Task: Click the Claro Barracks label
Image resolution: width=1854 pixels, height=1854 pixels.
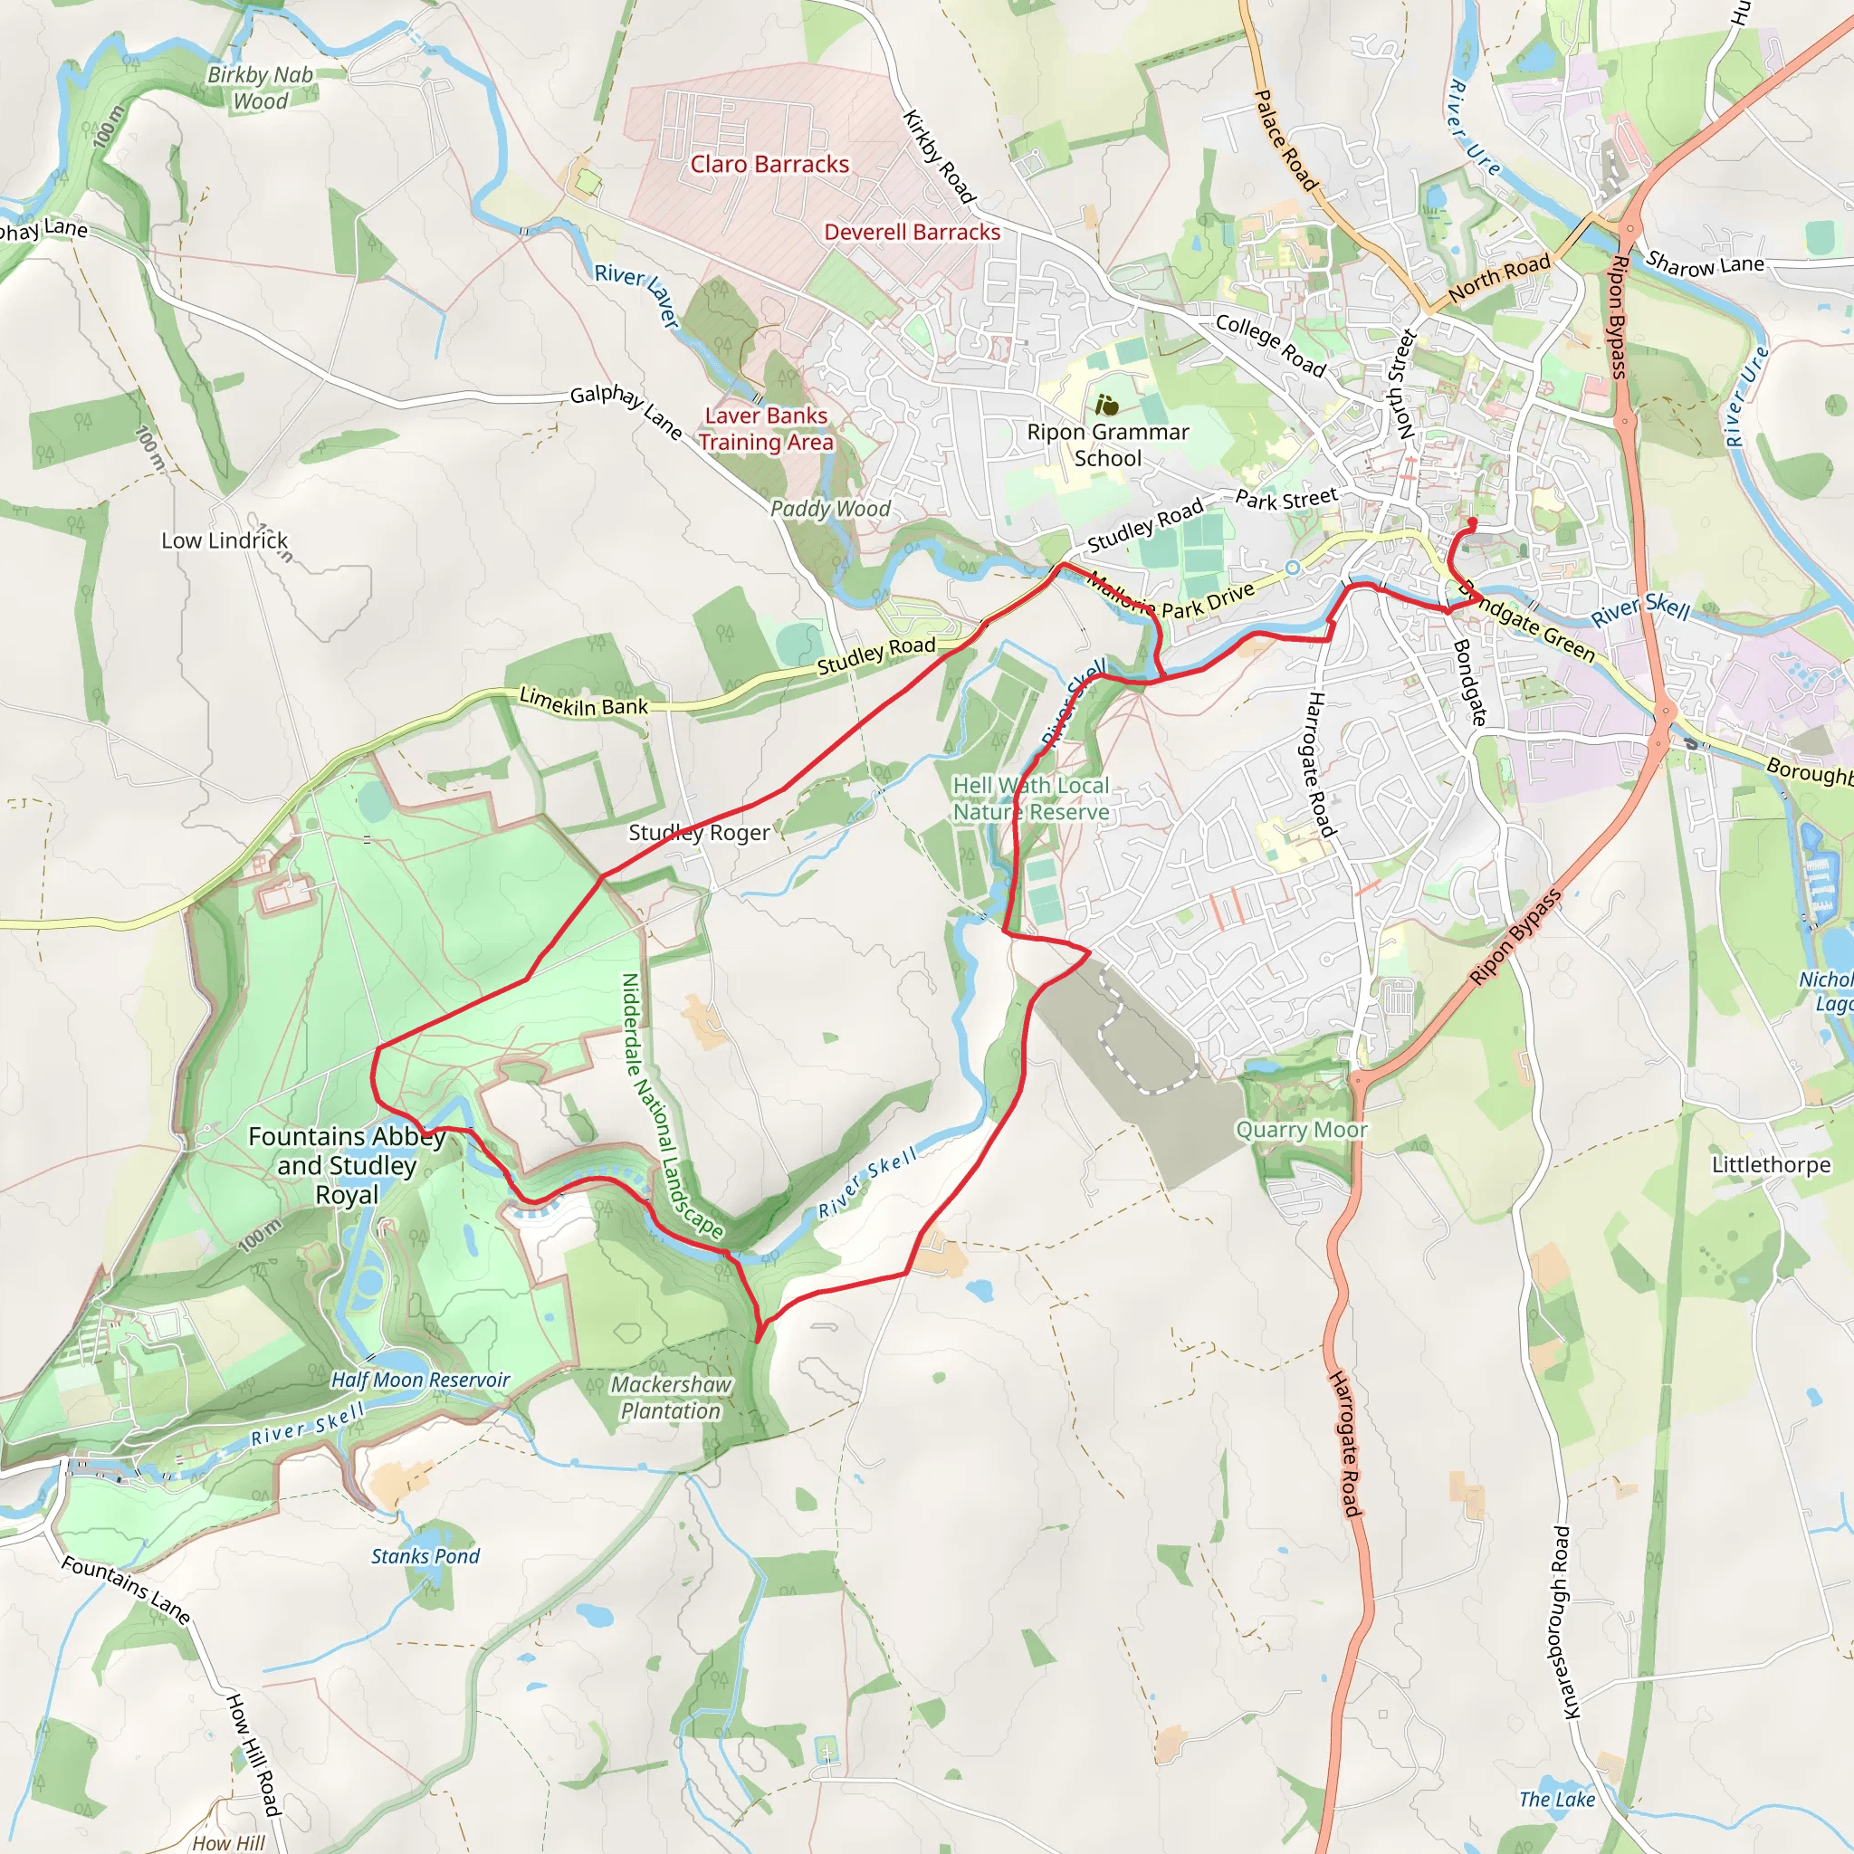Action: point(769,165)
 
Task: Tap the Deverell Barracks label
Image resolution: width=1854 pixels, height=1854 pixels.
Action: point(912,233)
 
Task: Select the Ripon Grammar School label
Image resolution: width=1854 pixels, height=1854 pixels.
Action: point(1107,445)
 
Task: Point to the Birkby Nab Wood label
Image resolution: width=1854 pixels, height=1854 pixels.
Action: point(260,89)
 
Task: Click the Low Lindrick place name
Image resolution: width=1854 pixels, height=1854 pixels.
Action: point(225,541)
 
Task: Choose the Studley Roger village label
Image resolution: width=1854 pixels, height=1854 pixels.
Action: point(699,833)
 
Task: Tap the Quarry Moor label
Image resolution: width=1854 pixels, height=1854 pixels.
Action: point(1301,1131)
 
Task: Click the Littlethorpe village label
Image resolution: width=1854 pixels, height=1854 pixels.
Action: point(1771,1165)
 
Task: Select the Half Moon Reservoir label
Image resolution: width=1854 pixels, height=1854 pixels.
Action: point(420,1380)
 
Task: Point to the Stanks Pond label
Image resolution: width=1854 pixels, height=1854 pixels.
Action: point(425,1556)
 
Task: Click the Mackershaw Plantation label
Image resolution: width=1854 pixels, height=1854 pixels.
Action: point(671,1398)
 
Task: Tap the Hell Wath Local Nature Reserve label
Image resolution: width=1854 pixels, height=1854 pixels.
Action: point(1030,798)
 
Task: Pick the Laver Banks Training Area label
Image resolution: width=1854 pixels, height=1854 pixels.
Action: point(766,429)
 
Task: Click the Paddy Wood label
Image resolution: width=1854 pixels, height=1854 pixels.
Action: point(830,509)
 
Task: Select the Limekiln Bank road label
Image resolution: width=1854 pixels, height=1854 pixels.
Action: point(584,702)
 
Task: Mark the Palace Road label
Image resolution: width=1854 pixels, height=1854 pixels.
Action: point(1285,139)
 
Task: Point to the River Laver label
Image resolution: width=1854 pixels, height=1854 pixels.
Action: point(637,295)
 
